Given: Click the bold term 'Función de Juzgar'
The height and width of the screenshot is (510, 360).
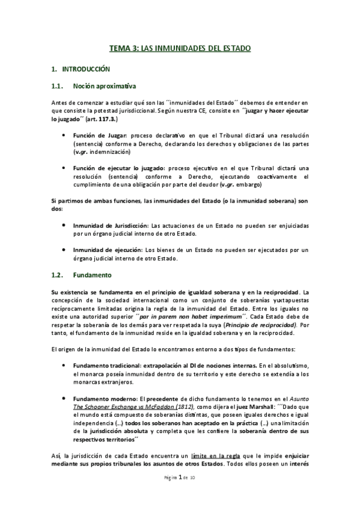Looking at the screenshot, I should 96,136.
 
